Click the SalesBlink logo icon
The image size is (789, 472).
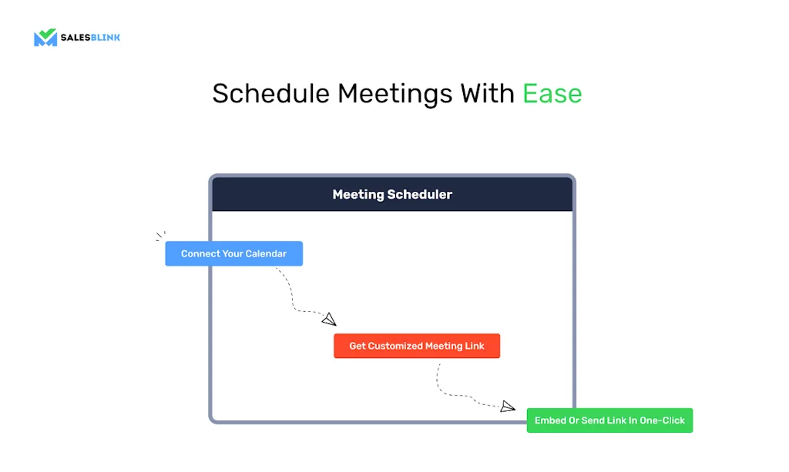coord(45,38)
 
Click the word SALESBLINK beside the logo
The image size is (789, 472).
coord(91,38)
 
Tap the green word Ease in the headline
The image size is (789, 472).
coord(552,94)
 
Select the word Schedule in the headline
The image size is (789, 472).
coord(270,94)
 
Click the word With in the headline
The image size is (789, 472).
coord(487,94)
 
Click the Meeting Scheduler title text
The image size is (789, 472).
coord(392,195)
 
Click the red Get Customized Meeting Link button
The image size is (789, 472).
coord(417,346)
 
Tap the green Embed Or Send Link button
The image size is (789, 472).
coord(609,420)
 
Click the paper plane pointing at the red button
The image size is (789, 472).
coord(329,320)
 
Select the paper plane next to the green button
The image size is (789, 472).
coord(507,406)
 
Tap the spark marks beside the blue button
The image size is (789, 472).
coord(160,236)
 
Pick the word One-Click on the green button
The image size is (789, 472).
coord(662,420)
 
